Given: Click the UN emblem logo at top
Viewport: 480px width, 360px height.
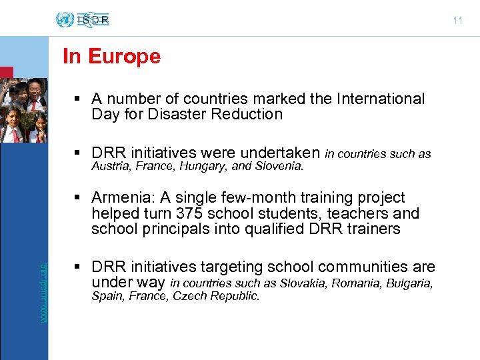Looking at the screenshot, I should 65,19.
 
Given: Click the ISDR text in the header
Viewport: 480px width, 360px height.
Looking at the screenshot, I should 93,20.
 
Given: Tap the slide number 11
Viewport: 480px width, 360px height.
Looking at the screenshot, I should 457,21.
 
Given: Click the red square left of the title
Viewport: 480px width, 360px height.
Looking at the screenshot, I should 6,73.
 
